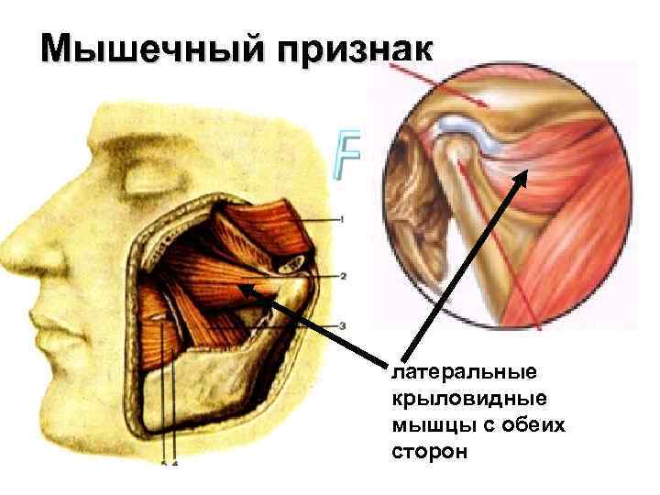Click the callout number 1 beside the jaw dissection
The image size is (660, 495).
click(x=341, y=220)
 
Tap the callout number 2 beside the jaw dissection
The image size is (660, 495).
click(x=342, y=275)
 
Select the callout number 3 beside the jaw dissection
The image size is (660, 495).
click(x=341, y=325)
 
